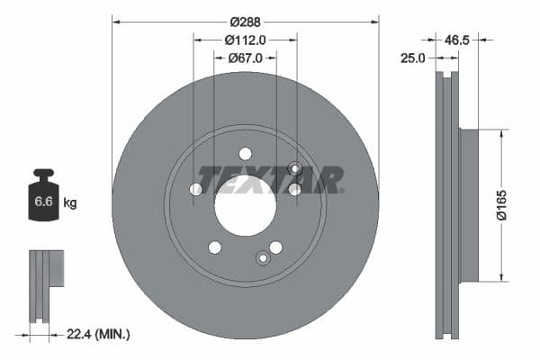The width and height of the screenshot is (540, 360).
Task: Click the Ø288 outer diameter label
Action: coord(245,21)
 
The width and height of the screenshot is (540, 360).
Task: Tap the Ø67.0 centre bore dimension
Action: coord(245,58)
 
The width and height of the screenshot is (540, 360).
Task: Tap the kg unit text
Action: coord(69,203)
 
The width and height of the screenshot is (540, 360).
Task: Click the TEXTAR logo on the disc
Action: coord(269,180)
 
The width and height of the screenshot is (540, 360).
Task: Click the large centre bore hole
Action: coord(245,206)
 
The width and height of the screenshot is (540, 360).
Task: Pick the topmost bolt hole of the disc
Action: coord(245,154)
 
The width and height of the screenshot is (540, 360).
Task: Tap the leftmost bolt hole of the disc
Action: coord(196,189)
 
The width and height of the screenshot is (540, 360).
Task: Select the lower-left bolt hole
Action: coord(214,247)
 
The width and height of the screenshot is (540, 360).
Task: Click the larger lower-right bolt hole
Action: coord(275,247)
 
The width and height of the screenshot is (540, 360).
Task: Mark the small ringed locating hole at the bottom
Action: coord(263,258)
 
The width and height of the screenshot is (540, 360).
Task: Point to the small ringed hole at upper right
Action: coord(294,168)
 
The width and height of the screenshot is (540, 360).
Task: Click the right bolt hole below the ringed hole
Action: coord(294,189)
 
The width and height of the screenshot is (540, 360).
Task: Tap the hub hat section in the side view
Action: coord(470,205)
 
